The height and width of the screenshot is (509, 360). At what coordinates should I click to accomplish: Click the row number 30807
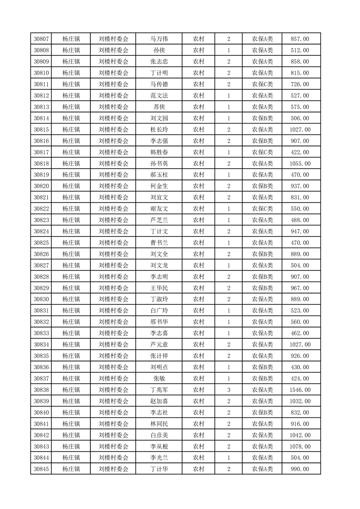[x=41, y=39]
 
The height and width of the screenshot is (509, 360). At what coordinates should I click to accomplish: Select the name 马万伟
[x=159, y=39]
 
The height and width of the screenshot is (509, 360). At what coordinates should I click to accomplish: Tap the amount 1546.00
[x=301, y=390]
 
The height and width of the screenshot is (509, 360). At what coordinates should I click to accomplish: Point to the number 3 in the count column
[x=228, y=390]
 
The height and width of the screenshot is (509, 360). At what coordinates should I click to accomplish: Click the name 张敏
[x=159, y=378]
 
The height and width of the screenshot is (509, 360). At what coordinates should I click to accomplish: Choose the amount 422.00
[x=300, y=152]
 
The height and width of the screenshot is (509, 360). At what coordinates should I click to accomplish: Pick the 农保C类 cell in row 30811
[x=262, y=84]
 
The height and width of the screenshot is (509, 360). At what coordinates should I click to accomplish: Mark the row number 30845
[x=41, y=469]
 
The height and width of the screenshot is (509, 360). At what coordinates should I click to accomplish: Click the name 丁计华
[x=159, y=469]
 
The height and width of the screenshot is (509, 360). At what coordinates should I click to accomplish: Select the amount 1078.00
[x=301, y=446]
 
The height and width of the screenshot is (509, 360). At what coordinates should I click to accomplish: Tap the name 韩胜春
[x=159, y=152]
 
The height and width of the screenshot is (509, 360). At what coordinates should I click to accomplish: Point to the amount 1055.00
[x=301, y=163]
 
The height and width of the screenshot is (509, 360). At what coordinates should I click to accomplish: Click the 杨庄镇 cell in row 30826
[x=71, y=254]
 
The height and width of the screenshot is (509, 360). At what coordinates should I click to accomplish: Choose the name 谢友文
[x=159, y=209]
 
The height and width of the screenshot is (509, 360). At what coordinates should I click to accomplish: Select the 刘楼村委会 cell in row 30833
[x=113, y=333]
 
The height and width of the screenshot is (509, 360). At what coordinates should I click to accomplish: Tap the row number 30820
[x=41, y=186]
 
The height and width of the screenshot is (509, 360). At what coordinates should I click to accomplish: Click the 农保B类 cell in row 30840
[x=262, y=412]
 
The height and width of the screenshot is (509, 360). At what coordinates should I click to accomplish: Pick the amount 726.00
[x=300, y=84]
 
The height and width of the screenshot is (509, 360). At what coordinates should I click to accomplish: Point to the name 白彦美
[x=159, y=435]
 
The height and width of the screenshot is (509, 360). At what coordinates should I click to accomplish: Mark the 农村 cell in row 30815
[x=198, y=130]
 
